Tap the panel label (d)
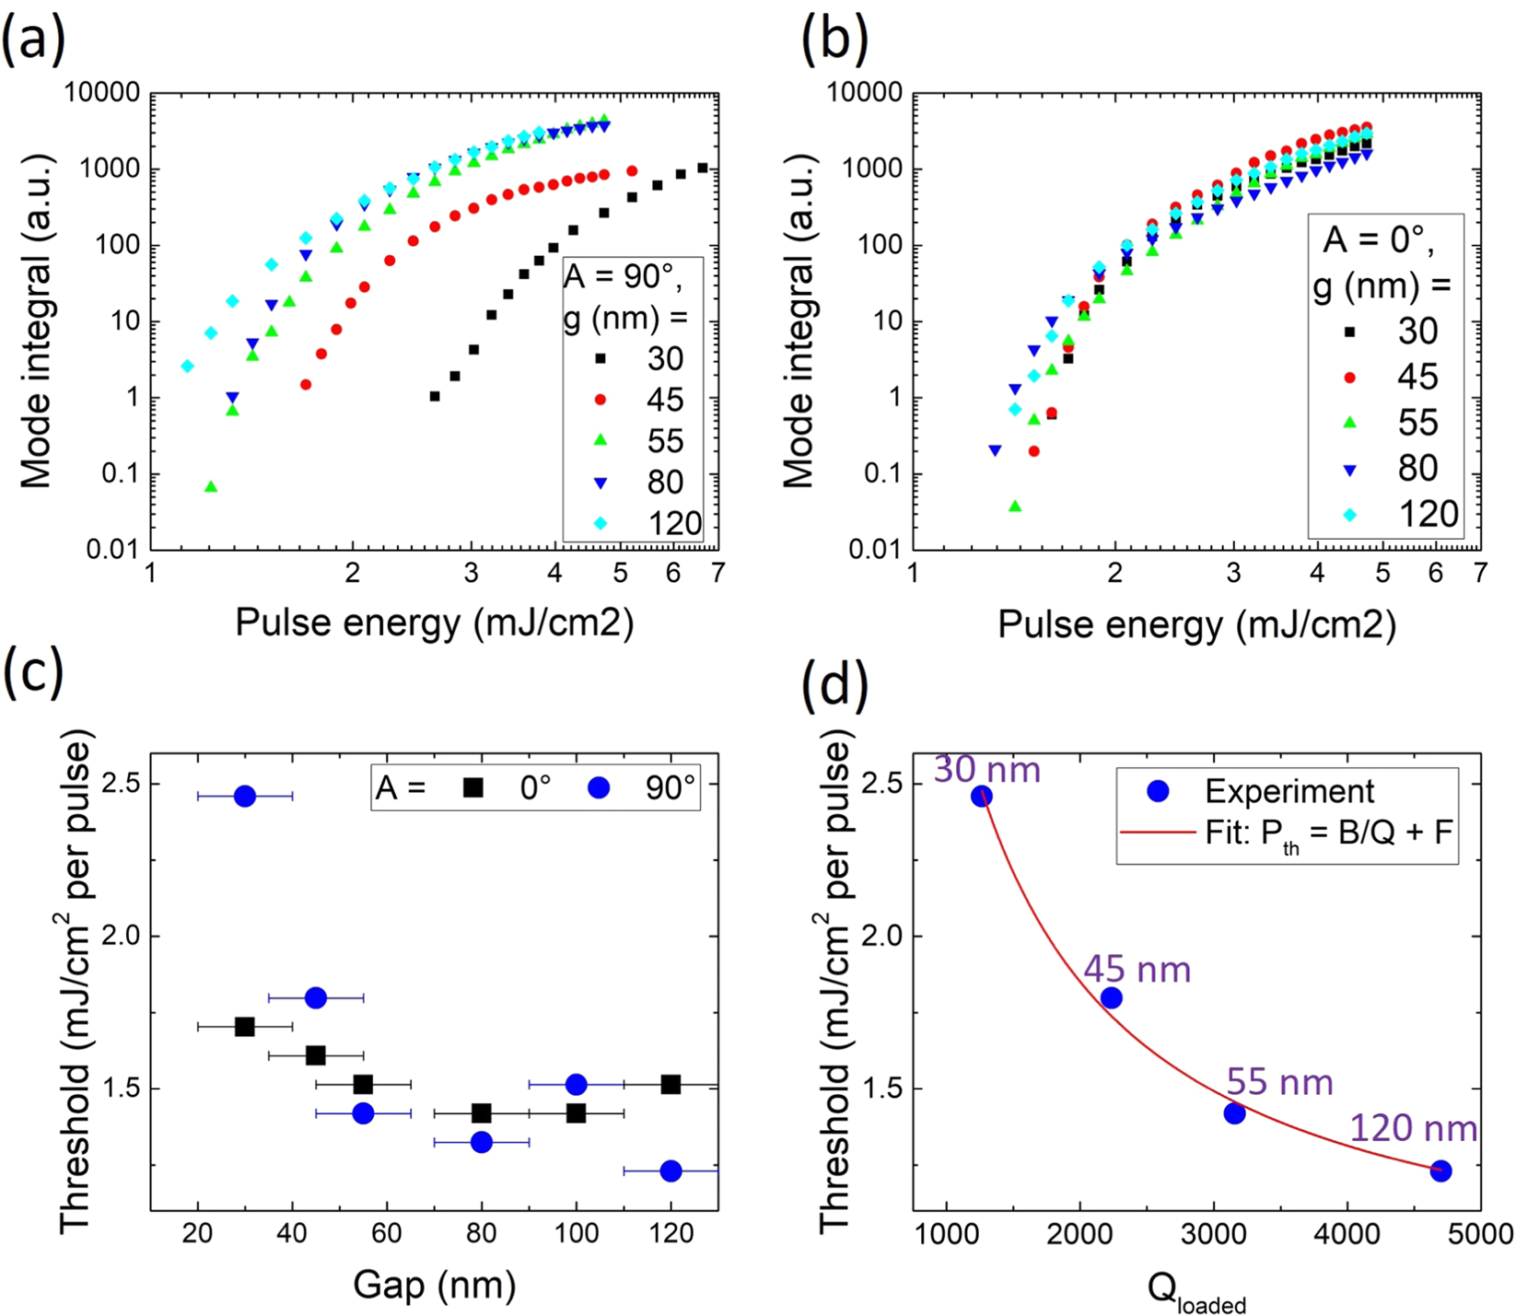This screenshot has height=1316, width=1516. [834, 685]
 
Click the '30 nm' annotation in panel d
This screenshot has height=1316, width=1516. [986, 769]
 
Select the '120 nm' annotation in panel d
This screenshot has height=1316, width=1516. [1414, 1128]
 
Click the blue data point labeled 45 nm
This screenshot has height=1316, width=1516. [1112, 997]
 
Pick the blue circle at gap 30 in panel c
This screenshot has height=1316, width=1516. [245, 796]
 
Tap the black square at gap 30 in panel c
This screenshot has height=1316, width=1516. [245, 1026]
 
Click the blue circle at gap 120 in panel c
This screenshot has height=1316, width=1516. [671, 1170]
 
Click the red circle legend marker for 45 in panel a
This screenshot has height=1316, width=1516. [601, 400]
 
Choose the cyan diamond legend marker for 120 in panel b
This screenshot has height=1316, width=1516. [1351, 515]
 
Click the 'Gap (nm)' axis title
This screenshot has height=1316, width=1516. [434, 1284]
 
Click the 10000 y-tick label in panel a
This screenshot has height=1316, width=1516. [102, 93]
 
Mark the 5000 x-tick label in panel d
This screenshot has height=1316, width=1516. [1480, 1234]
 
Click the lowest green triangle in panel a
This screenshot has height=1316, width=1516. [211, 486]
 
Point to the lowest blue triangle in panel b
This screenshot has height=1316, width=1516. [995, 450]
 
